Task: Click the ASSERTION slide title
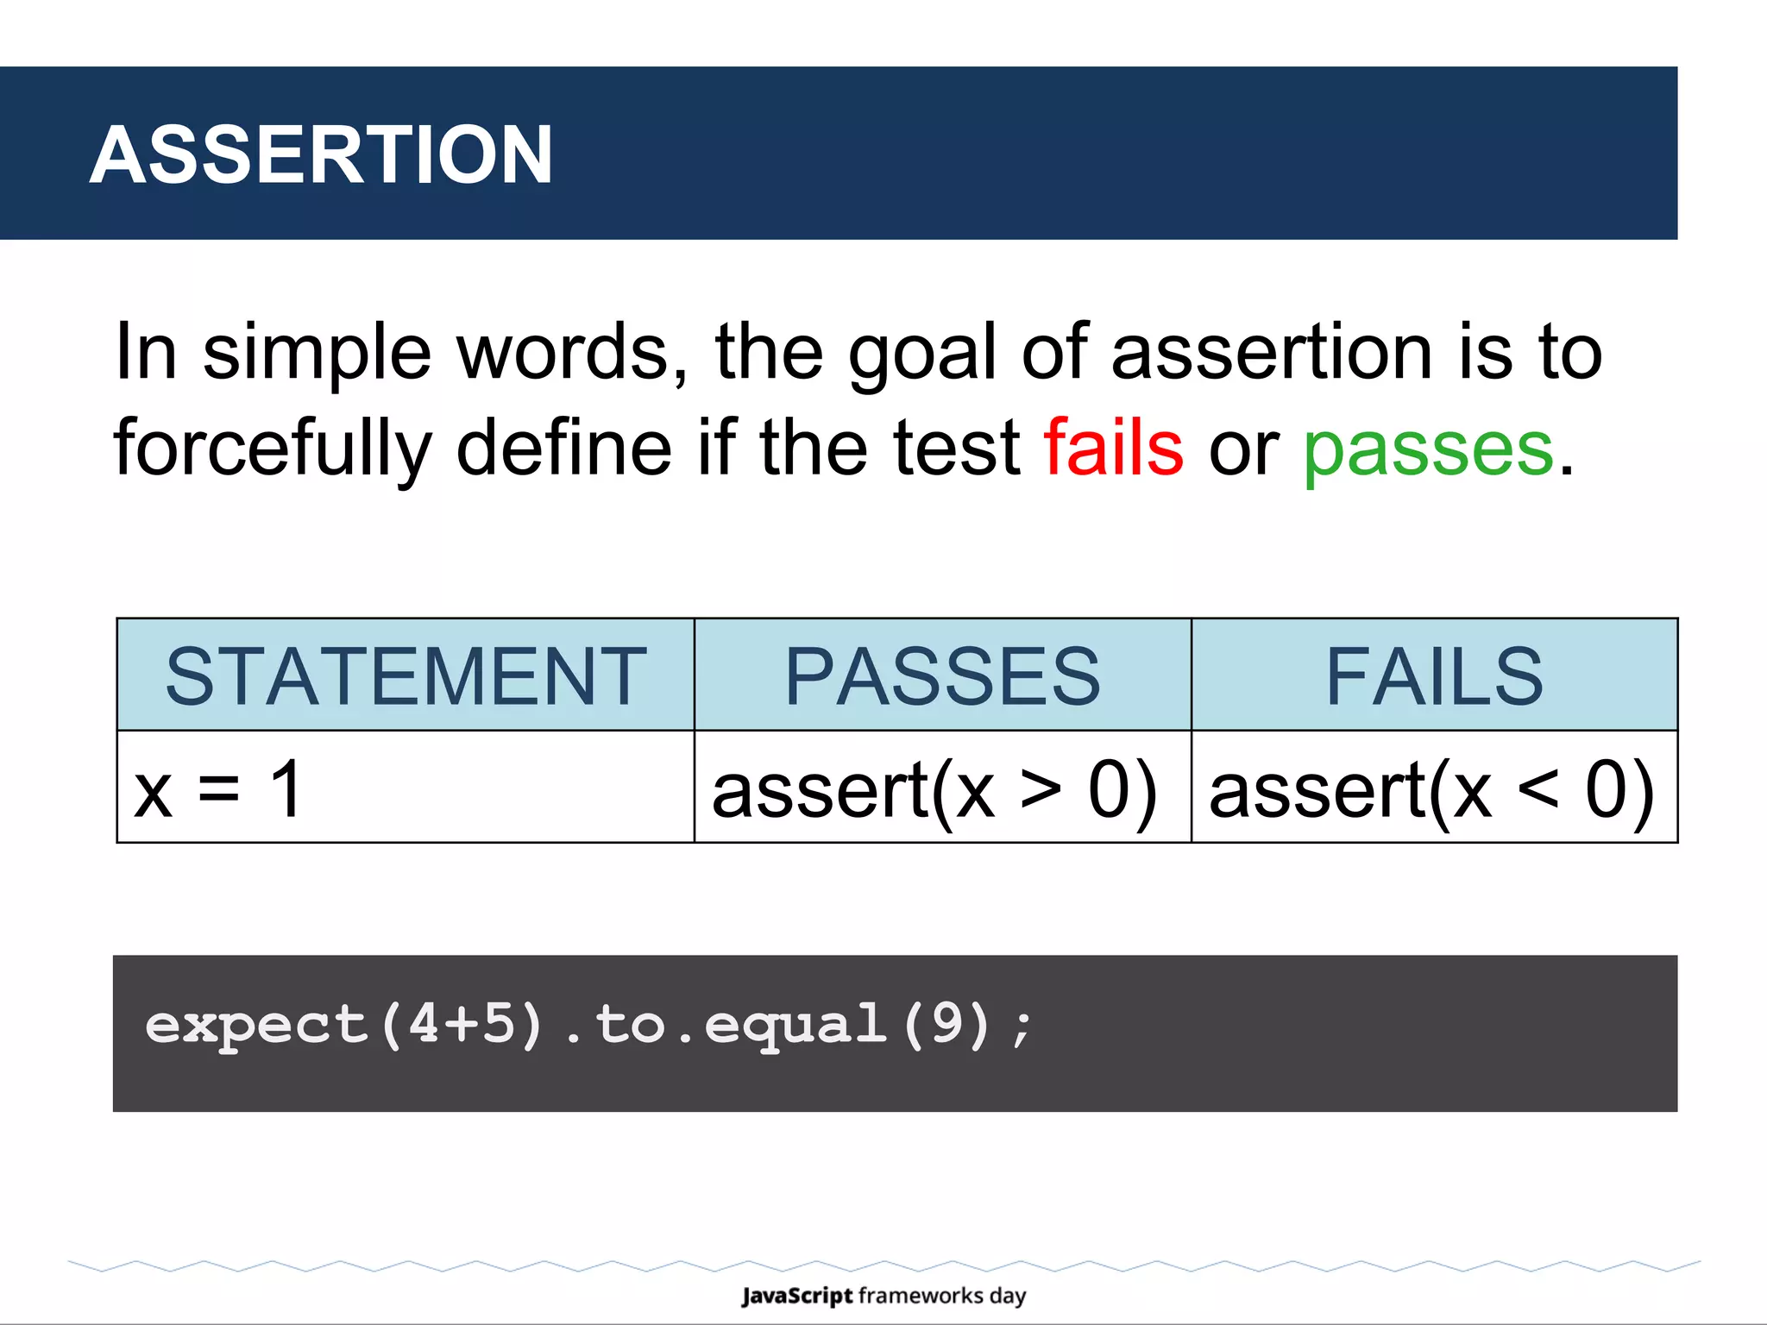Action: [x=321, y=155]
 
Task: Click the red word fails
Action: [x=1113, y=447]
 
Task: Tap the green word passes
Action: [x=1428, y=449]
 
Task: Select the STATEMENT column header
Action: [x=406, y=676]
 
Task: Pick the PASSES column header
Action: [x=942, y=676]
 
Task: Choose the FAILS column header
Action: [x=1434, y=676]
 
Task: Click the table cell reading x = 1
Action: [x=218, y=788]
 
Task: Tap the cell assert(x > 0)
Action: [x=934, y=790]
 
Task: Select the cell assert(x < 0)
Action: [x=1432, y=790]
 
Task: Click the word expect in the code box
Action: [x=256, y=1025]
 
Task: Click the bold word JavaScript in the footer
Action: [x=796, y=1296]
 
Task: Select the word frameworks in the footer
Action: [x=921, y=1296]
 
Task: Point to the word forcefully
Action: [x=272, y=449]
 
